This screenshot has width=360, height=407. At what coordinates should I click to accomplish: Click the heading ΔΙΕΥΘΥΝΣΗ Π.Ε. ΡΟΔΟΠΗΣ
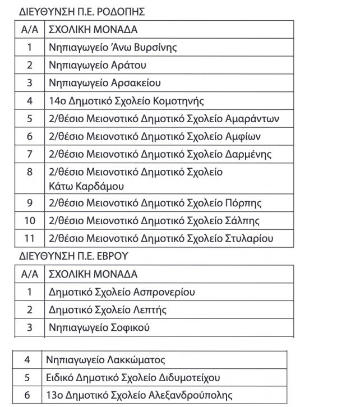(x=78, y=11)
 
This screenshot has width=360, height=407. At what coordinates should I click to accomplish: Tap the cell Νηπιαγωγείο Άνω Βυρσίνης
(x=113, y=47)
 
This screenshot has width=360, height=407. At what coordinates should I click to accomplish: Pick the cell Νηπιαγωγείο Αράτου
(x=98, y=65)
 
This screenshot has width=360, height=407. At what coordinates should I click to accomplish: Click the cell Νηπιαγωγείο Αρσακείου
(x=105, y=83)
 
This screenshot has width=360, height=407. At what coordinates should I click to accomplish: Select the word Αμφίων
(x=242, y=136)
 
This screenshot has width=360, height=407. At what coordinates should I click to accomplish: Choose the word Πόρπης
(x=242, y=203)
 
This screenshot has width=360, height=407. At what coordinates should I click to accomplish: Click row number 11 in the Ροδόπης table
(x=30, y=239)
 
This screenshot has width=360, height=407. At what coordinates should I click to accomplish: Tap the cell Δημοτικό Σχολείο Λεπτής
(x=108, y=310)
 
